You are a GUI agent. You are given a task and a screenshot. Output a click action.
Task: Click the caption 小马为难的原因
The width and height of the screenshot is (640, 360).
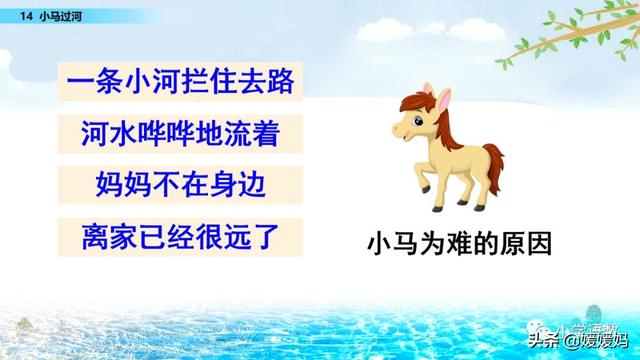pyautogui.click(x=460, y=244)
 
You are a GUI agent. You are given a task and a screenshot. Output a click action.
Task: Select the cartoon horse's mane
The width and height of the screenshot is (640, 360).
pyautogui.click(x=445, y=125)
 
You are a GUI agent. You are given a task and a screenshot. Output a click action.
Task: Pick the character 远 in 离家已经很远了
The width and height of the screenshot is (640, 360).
pyautogui.click(x=244, y=239)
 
